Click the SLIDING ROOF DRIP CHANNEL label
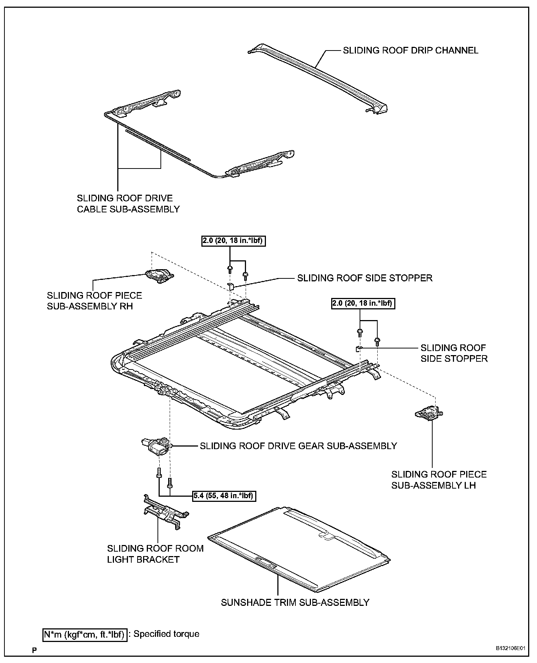(x=410, y=50)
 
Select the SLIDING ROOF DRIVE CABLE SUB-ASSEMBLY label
(x=128, y=204)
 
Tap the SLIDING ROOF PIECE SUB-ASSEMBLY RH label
(x=94, y=301)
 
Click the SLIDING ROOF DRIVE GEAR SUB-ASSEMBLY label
(x=298, y=446)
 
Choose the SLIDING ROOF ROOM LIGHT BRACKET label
(x=155, y=553)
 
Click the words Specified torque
(x=166, y=634)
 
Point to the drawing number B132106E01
(x=510, y=648)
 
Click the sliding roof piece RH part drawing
(x=160, y=275)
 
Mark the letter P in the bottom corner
(x=34, y=650)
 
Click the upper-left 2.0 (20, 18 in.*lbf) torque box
(x=234, y=241)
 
